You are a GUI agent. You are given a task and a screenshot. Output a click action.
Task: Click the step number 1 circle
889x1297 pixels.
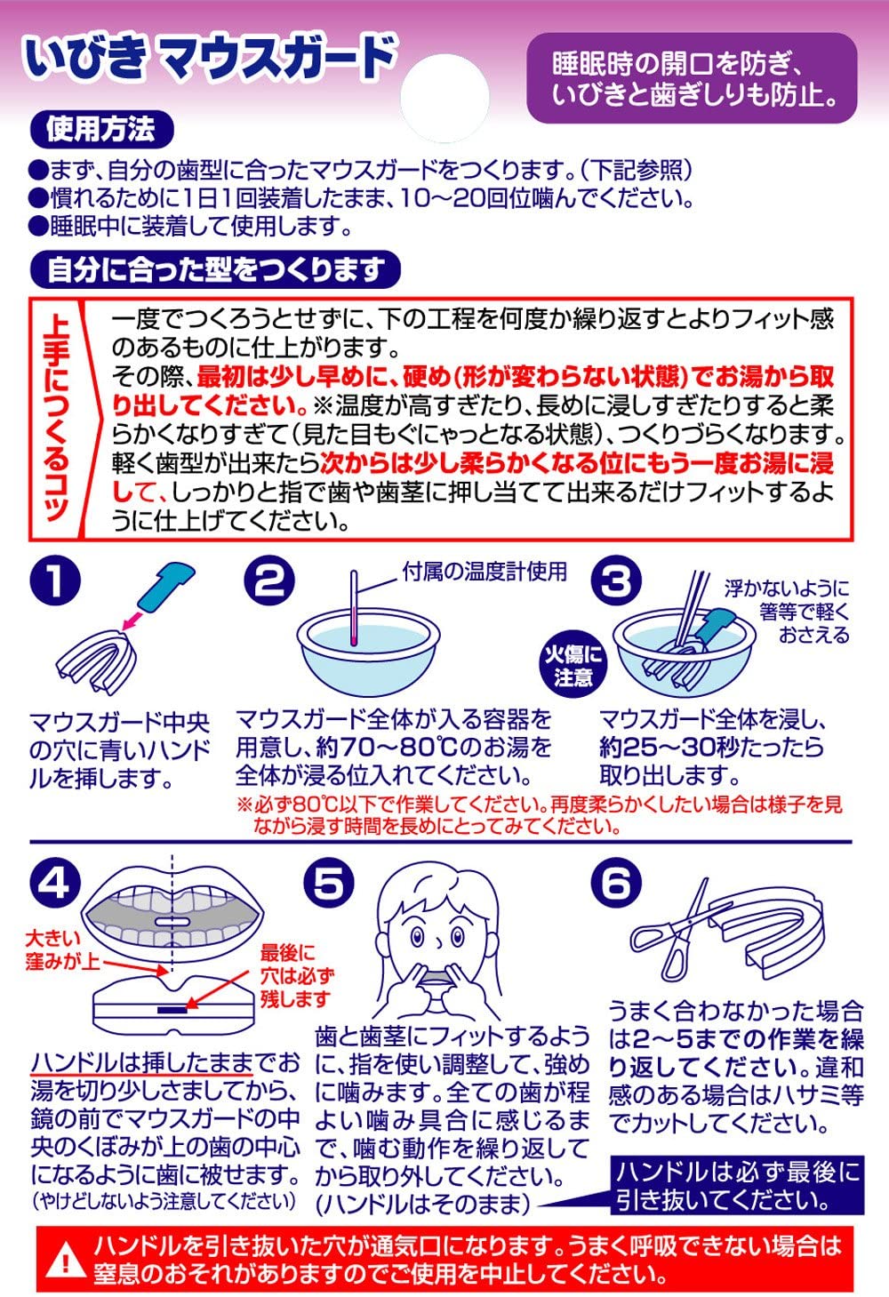pyautogui.click(x=55, y=580)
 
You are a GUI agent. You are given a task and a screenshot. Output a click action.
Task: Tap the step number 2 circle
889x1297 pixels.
pyautogui.click(x=269, y=580)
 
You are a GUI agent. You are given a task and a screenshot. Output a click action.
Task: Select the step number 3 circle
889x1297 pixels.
pyautogui.click(x=616, y=580)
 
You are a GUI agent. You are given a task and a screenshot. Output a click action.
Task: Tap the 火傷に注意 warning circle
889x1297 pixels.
pyautogui.click(x=573, y=666)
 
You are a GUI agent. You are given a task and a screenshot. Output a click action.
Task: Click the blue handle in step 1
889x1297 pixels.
pyautogui.click(x=165, y=588)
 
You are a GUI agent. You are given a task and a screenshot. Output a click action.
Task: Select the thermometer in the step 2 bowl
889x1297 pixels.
pyautogui.click(x=353, y=608)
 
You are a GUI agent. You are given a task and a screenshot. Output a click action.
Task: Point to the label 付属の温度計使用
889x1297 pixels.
pyautogui.click(x=485, y=572)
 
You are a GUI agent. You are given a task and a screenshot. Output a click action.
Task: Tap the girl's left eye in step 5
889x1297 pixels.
pyautogui.click(x=458, y=937)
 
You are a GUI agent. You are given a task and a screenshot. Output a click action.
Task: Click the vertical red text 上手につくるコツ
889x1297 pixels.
pyautogui.click(x=57, y=418)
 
